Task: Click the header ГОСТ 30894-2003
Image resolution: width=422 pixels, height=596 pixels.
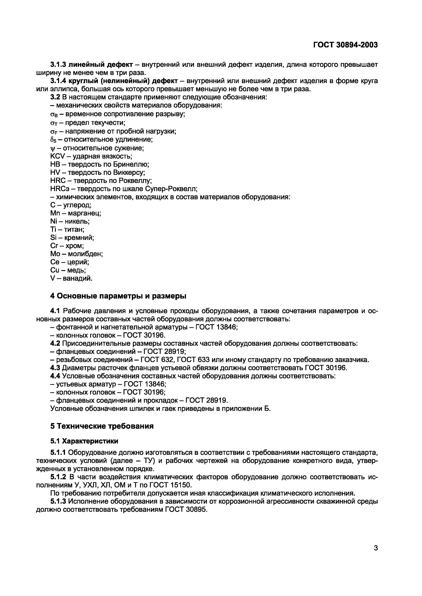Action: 345,45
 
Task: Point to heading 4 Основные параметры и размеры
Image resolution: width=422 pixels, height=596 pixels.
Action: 118,296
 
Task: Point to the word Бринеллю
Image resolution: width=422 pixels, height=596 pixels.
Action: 131,164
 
